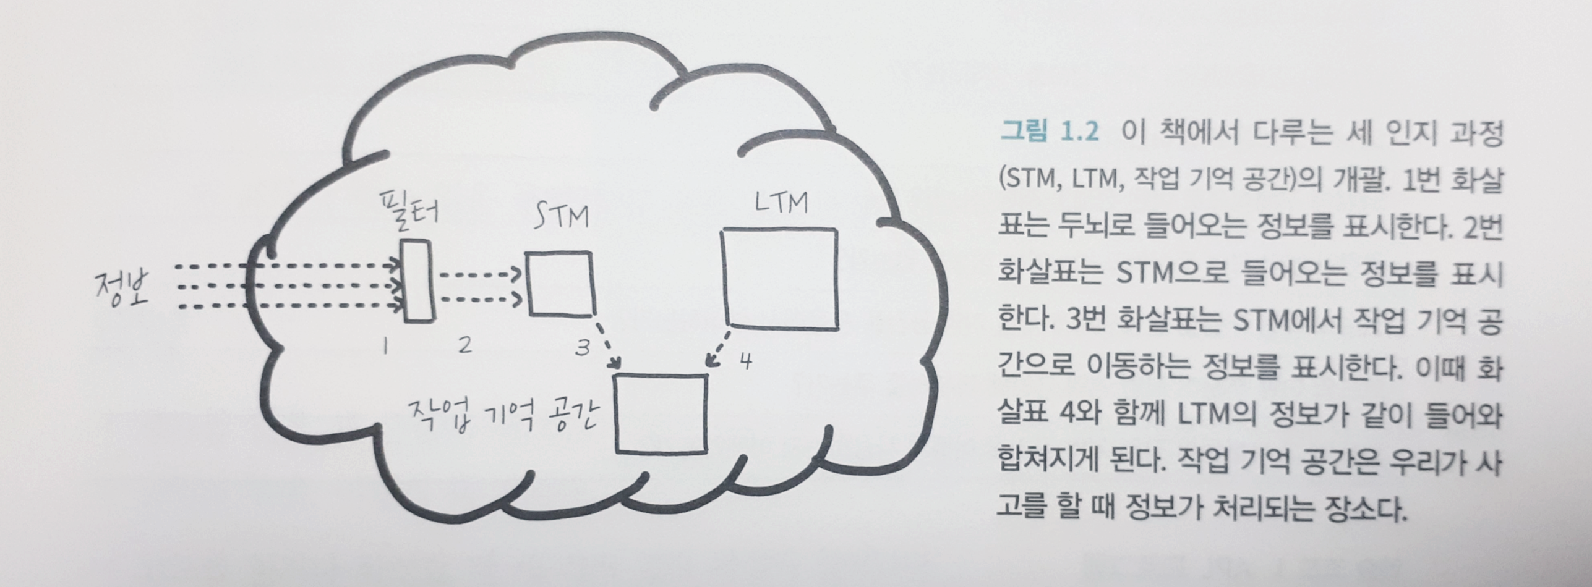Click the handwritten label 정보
click(122, 289)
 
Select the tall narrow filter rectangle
click(418, 281)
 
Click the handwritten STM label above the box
click(560, 217)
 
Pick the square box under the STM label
click(560, 284)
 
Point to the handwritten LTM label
click(781, 203)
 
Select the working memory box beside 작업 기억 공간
click(661, 413)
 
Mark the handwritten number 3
click(582, 348)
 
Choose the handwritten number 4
click(747, 361)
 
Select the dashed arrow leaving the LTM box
click(718, 350)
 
